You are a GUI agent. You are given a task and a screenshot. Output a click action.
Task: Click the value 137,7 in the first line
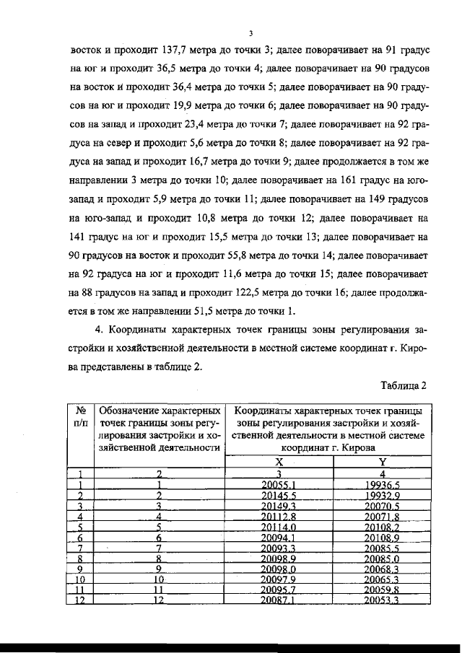(x=178, y=52)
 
